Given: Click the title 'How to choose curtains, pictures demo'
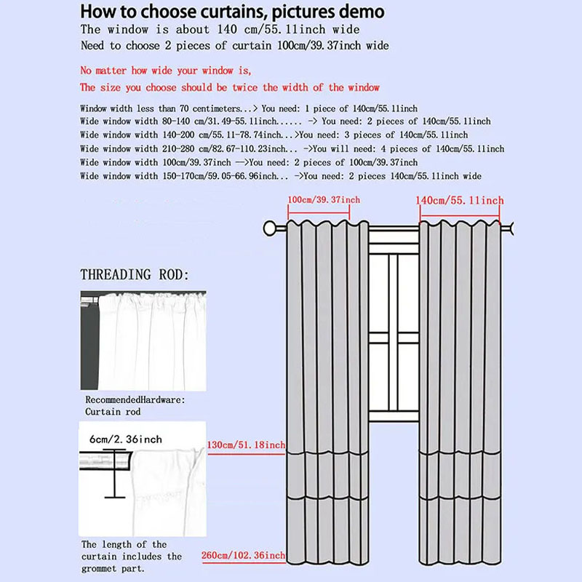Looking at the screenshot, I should pos(232,12).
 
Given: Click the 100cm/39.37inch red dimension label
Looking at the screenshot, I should pos(324,200).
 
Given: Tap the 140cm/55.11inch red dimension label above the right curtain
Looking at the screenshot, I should pos(459,200).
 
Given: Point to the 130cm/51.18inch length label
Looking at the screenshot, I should pos(246,445).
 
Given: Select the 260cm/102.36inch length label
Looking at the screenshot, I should pos(244,557).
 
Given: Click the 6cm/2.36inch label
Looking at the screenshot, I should pos(126,439).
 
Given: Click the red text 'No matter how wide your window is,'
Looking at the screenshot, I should pos(165,71).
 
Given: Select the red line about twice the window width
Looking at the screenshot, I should pos(229,87).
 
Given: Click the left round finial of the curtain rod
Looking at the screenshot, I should pos(270,228).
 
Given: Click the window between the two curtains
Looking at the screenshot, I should pos(393,327).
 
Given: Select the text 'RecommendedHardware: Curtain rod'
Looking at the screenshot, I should pos(135,406).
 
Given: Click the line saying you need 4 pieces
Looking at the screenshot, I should pos(292,148).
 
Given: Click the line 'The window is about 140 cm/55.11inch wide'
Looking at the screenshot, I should pos(219,30).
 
